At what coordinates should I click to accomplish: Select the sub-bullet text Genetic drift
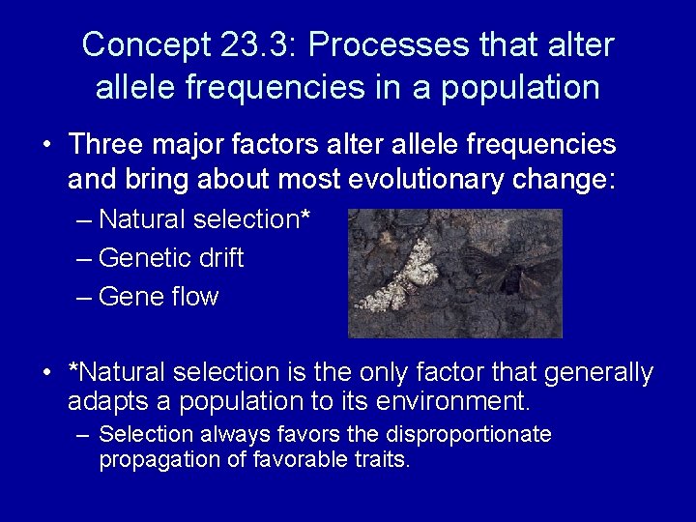point(171,258)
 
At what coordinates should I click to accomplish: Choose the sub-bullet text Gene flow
point(159,297)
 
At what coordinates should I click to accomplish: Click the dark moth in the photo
point(507,272)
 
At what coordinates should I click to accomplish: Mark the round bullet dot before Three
point(46,146)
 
